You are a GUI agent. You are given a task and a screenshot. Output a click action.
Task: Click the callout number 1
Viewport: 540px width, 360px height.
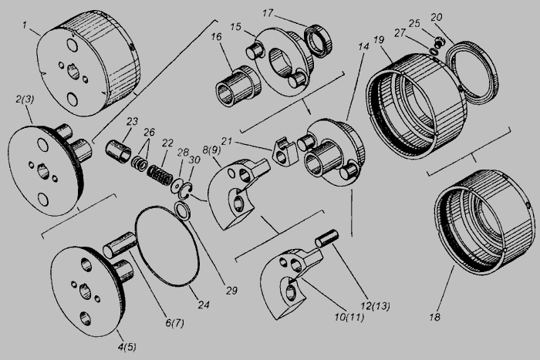tap(25, 25)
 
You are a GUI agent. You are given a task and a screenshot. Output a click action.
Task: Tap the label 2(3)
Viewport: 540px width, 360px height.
tap(25, 99)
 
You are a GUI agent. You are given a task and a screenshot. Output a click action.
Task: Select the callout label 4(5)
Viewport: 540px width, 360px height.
tap(127, 347)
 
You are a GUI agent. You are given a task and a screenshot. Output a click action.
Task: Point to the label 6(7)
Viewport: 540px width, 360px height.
tap(174, 323)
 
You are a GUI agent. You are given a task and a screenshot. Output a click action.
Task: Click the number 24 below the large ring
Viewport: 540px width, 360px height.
tap(203, 304)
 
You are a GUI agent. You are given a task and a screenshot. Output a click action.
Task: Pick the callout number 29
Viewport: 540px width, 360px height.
tap(231, 291)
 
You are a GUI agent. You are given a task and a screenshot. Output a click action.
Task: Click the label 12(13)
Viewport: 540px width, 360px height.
tap(375, 305)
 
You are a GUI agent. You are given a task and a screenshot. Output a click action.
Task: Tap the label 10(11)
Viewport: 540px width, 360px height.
tap(349, 317)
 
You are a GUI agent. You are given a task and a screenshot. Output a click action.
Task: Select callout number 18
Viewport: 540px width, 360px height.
tap(434, 317)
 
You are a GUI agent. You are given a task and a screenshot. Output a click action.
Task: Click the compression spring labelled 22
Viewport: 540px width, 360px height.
tap(160, 173)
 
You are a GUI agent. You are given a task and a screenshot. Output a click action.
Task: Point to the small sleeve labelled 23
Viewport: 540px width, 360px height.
tap(118, 151)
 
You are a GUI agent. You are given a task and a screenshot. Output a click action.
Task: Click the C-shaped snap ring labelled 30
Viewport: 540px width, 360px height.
tap(187, 191)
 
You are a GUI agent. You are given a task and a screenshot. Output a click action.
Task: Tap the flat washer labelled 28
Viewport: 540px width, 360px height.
tap(177, 185)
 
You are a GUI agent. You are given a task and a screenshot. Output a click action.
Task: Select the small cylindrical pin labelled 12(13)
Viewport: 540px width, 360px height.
tap(327, 238)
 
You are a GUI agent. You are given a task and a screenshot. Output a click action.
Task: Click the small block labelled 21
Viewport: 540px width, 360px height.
tap(285, 152)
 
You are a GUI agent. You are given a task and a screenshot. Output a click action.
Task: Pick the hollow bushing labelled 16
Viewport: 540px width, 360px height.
tap(237, 86)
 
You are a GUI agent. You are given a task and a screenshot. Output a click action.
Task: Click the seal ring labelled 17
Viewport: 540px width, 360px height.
tap(319, 41)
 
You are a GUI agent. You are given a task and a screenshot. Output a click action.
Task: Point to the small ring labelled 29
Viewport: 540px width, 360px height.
tap(181, 210)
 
